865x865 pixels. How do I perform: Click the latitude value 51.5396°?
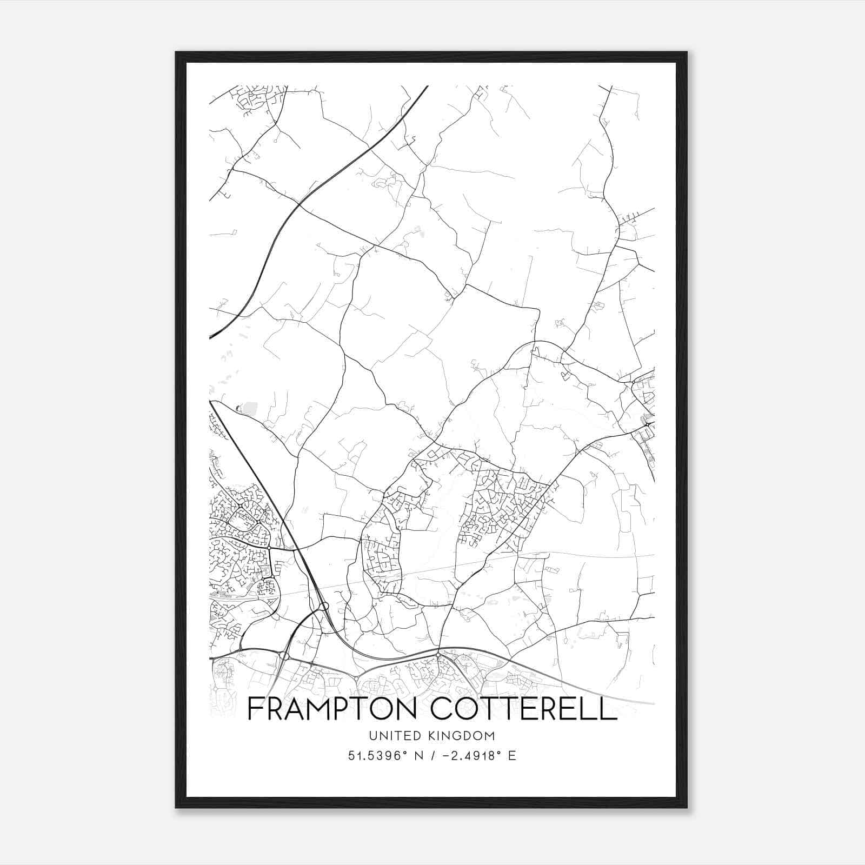[377, 755]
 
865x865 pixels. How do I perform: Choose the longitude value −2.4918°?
[469, 755]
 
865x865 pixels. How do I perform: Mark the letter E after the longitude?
[512, 755]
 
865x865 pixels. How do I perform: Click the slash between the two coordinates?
[433, 755]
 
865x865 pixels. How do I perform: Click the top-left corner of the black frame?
[176, 52]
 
